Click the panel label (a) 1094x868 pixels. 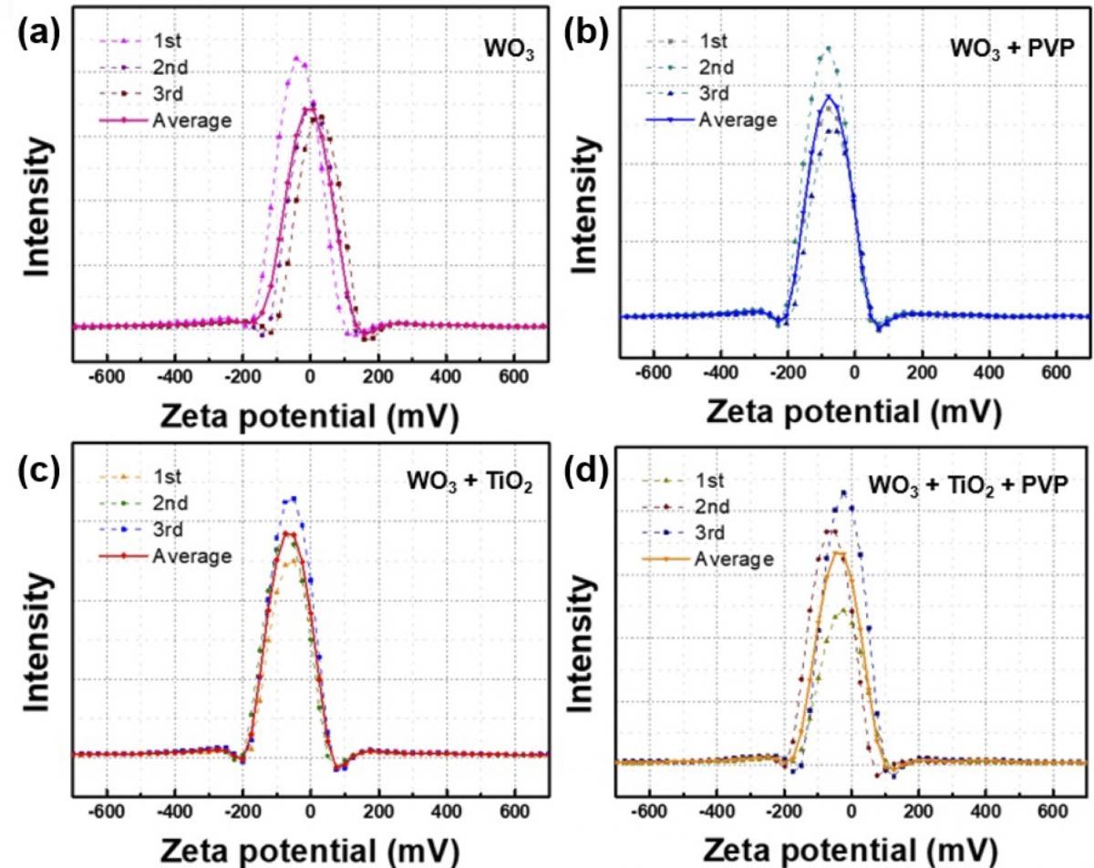click(x=38, y=35)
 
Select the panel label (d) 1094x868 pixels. click(x=587, y=472)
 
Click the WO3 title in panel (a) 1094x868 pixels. click(x=509, y=51)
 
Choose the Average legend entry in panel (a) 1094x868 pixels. click(x=165, y=120)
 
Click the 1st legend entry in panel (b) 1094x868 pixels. click(x=686, y=41)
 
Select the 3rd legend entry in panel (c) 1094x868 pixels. click(x=140, y=530)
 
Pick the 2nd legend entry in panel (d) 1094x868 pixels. click(x=686, y=506)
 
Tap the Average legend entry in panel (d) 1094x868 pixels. click(x=708, y=559)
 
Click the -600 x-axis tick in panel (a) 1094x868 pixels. click(x=106, y=377)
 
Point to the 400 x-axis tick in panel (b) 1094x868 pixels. click(x=989, y=373)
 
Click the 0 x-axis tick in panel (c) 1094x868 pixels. click(x=310, y=811)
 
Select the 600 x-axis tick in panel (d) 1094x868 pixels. click(x=1053, y=811)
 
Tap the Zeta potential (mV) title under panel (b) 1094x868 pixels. click(x=853, y=411)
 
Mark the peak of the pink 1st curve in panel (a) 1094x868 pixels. click(x=296, y=57)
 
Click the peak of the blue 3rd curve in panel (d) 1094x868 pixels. click(x=844, y=492)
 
